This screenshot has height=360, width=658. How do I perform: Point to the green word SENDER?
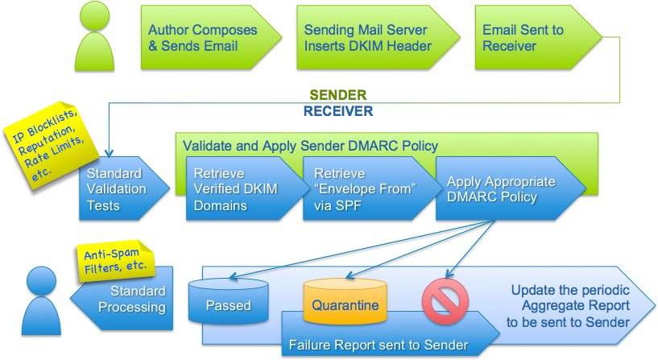[339, 96]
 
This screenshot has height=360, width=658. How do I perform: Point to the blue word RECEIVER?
[338, 111]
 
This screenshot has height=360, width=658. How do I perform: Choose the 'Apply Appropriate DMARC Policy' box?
[501, 189]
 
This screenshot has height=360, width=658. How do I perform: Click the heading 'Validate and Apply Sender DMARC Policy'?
[310, 146]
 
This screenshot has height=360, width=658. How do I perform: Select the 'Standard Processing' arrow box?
[133, 298]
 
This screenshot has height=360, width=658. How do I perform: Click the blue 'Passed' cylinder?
[228, 304]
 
